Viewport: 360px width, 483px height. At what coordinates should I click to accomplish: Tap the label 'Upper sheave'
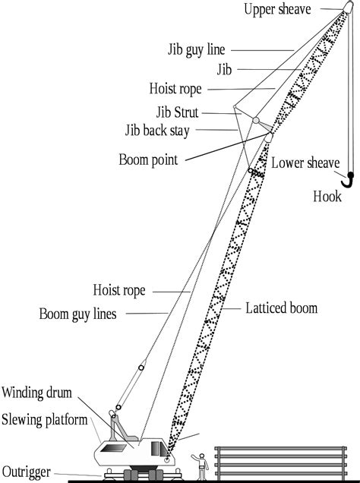pyautogui.click(x=277, y=9)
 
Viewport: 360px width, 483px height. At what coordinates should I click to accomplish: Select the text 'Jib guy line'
pyautogui.click(x=197, y=49)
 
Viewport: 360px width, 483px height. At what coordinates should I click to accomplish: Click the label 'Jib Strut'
pyautogui.click(x=177, y=112)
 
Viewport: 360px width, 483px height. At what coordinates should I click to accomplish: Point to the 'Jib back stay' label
pyautogui.click(x=157, y=131)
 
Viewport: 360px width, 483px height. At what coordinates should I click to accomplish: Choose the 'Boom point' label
pyautogui.click(x=148, y=160)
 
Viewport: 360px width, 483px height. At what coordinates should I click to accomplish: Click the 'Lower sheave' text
pyautogui.click(x=305, y=163)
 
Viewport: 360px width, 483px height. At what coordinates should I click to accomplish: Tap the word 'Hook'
pyautogui.click(x=327, y=197)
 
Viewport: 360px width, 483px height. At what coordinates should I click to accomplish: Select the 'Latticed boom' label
pyautogui.click(x=282, y=308)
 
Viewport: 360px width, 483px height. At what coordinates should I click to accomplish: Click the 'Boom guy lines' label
pyautogui.click(x=78, y=314)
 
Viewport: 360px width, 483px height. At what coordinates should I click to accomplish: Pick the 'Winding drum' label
pyautogui.click(x=36, y=393)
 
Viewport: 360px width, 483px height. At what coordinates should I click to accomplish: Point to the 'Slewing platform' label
pyautogui.click(x=45, y=420)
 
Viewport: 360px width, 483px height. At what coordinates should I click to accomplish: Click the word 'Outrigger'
pyautogui.click(x=26, y=472)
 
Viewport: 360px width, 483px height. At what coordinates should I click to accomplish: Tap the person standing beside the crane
pyautogui.click(x=201, y=466)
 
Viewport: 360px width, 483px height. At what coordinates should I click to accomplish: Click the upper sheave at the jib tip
pyautogui.click(x=349, y=8)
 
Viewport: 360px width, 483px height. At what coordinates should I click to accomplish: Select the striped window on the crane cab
pyautogui.click(x=113, y=448)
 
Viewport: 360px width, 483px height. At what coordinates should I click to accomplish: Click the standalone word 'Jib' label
pyautogui.click(x=224, y=70)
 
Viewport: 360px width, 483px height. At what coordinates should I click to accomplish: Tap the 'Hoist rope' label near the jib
pyautogui.click(x=175, y=89)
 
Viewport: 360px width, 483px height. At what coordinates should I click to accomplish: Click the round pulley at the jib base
pyautogui.click(x=256, y=120)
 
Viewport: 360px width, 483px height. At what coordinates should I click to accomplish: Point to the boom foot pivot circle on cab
pyautogui.click(x=166, y=460)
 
